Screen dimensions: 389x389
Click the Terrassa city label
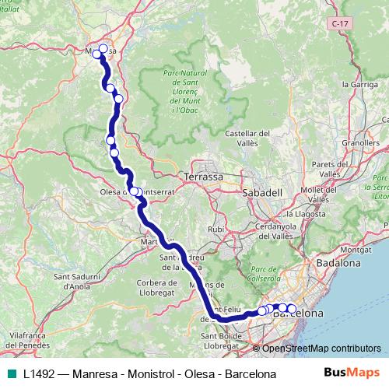204,177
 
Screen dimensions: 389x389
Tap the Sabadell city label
261,191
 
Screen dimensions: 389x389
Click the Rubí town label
216,230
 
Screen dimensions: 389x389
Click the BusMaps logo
351,373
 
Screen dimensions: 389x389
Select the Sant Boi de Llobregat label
225,340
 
